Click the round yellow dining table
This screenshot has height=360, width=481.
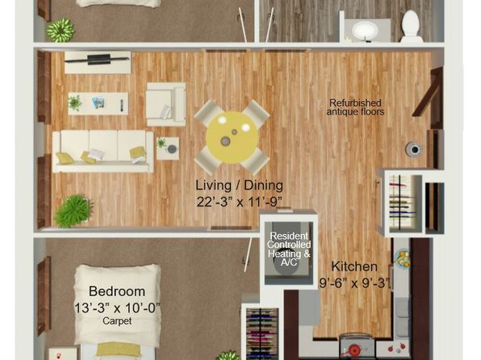[x=232, y=137]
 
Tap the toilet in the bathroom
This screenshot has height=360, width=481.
[x=411, y=27]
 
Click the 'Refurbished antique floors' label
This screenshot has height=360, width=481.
[x=355, y=107]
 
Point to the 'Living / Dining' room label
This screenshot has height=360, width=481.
[x=239, y=186]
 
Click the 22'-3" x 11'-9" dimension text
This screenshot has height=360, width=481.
[x=239, y=202]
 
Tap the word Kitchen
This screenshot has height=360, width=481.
[x=354, y=266]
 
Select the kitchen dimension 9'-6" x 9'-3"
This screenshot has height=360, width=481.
[x=355, y=283]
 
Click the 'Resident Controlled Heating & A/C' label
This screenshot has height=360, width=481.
[x=289, y=249]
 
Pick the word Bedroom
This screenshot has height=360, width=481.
[x=117, y=291]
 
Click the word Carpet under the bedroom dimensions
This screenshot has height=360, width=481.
[x=117, y=321]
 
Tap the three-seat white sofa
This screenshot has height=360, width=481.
[x=103, y=151]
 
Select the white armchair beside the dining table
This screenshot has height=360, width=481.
[x=166, y=104]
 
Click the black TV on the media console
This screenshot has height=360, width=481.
[x=99, y=59]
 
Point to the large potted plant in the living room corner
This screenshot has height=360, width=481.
[x=73, y=211]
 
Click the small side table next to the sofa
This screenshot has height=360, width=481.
[x=168, y=149]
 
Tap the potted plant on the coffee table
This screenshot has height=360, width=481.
[x=75, y=103]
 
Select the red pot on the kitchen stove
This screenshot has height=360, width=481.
[x=354, y=350]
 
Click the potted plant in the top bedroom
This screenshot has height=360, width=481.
[x=61, y=30]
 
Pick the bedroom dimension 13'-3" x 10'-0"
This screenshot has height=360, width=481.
[x=118, y=308]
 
